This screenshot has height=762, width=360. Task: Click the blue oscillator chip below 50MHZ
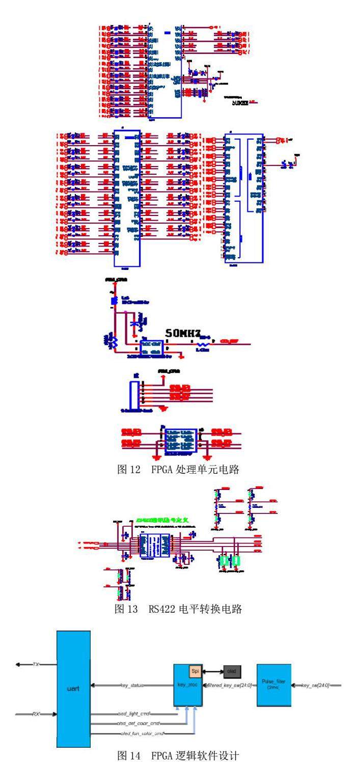(x=152, y=346)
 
